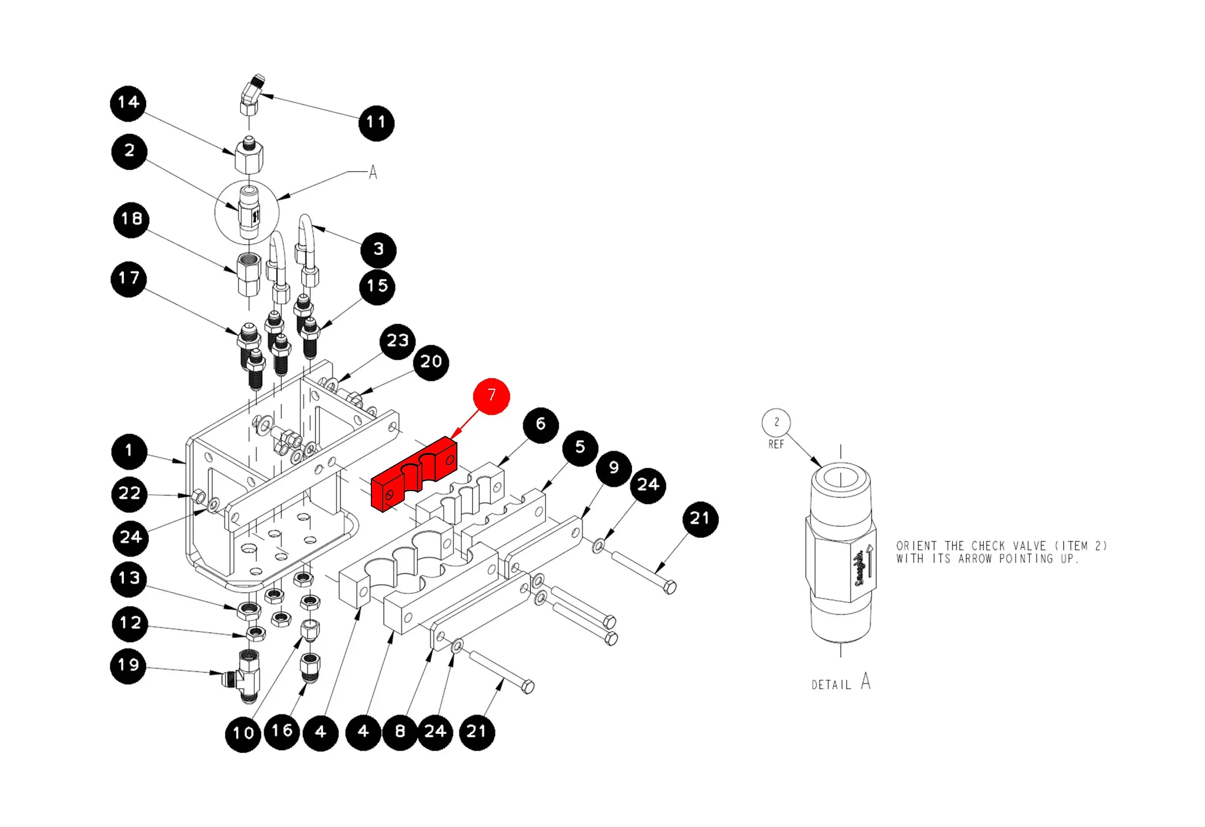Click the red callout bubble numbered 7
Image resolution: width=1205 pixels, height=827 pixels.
(491, 396)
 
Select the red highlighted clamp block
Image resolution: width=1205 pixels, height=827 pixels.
(414, 473)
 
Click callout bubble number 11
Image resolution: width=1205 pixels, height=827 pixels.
(376, 123)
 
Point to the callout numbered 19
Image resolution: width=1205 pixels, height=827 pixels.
(128, 666)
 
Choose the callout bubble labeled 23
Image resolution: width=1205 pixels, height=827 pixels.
(398, 342)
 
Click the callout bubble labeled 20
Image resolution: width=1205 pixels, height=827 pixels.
(431, 363)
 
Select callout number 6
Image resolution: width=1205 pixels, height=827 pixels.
(541, 425)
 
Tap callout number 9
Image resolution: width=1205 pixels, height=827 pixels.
(614, 469)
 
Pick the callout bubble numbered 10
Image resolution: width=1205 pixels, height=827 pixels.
(243, 734)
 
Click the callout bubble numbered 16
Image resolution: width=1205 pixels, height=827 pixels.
(282, 732)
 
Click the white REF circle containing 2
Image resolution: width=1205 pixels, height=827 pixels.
(776, 422)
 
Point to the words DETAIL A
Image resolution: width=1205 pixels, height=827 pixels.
(841, 682)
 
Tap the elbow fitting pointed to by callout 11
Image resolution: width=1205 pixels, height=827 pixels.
(251, 95)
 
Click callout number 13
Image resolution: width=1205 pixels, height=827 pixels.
(129, 578)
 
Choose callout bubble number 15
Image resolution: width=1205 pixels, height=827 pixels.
(377, 286)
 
